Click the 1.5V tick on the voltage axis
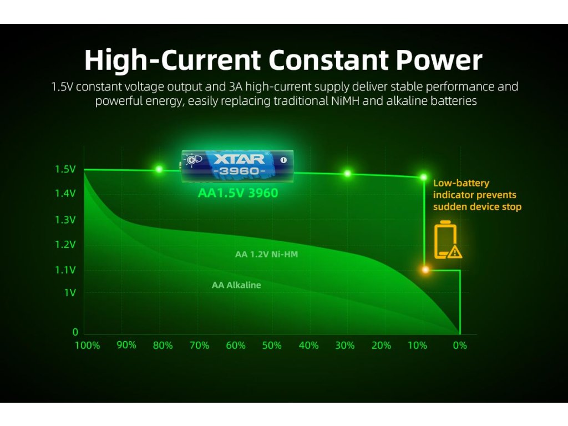tap(65, 169)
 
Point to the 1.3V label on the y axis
tap(65, 220)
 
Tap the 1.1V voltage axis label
tap(65, 270)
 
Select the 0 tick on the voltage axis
tap(75, 332)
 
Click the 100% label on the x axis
tap(87, 345)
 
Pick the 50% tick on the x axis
tap(272, 345)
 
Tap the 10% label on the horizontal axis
tap(417, 345)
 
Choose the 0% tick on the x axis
tap(460, 345)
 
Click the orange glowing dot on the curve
tap(425, 270)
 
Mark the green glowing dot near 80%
tap(159, 169)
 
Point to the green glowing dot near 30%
tap(347, 174)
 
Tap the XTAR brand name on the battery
tap(239, 159)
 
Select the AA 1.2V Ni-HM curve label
tap(266, 254)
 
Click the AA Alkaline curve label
tap(236, 285)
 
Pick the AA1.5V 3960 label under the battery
tap(238, 192)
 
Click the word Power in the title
tap(439, 60)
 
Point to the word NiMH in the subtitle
tap(345, 101)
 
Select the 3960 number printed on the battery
tap(240, 171)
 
